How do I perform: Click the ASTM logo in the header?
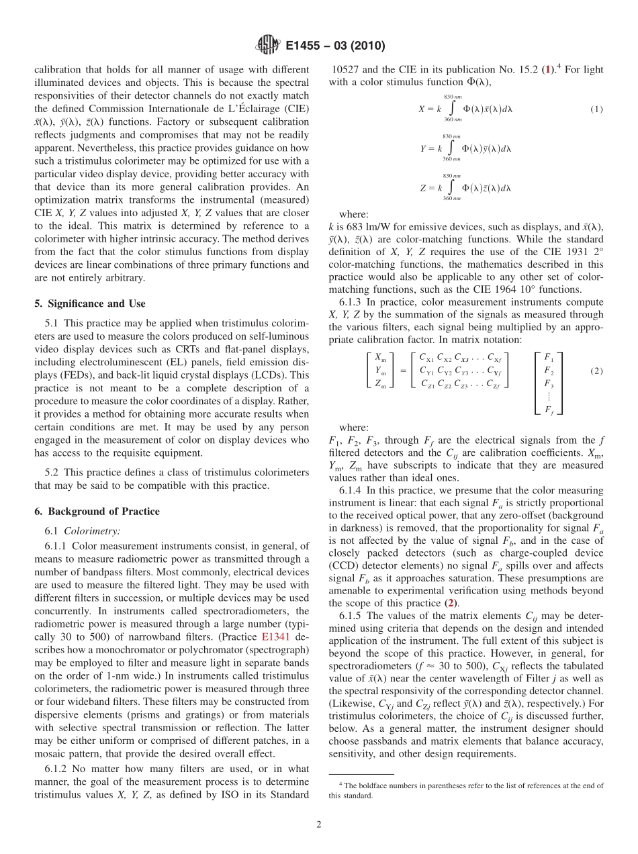tap(268, 46)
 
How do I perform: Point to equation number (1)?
tap(596, 109)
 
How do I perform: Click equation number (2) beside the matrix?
tap(596, 371)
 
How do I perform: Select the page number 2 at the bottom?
tap(319, 825)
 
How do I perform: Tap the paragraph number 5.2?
tap(52, 473)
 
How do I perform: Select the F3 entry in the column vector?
tap(549, 383)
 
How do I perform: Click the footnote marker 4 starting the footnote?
tap(341, 784)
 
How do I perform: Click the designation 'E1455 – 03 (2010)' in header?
tap(334, 46)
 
